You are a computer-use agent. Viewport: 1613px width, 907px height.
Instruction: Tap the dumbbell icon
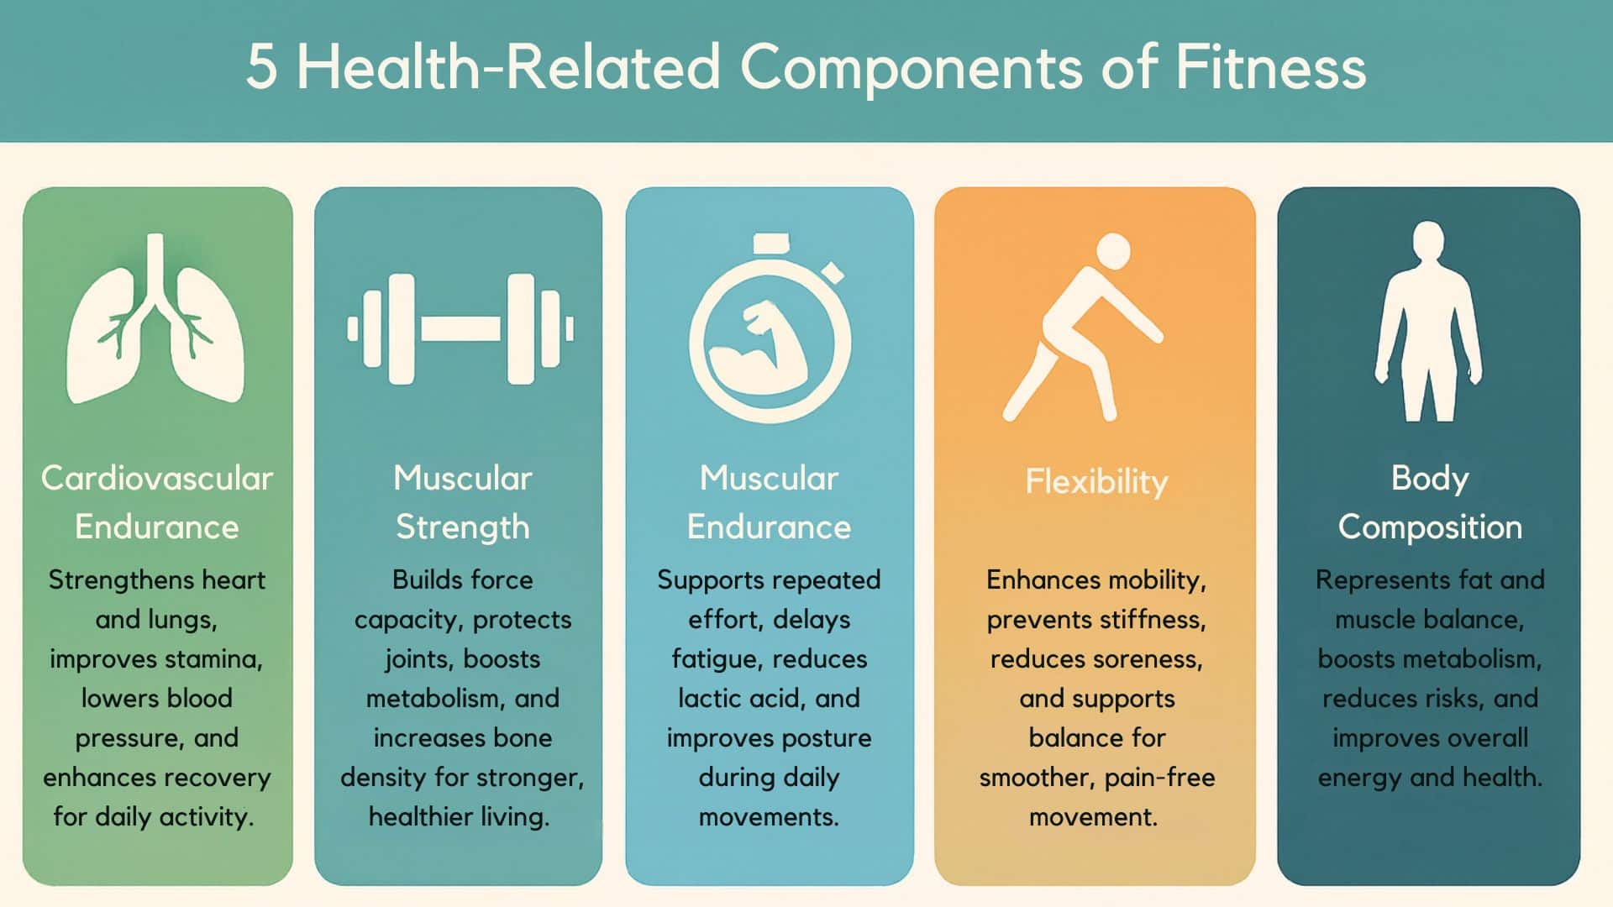click(x=461, y=329)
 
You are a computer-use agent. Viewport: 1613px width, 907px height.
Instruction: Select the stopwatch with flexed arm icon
click(x=770, y=336)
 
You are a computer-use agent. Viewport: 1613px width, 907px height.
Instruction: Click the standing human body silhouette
click(x=1428, y=323)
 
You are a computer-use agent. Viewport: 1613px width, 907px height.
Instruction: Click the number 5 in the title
click(x=261, y=67)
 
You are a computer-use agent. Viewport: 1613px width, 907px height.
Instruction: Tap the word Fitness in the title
click(x=1270, y=67)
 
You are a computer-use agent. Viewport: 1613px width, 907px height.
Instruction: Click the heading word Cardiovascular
click(x=157, y=479)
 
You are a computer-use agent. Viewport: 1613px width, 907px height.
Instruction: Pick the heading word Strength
click(x=462, y=527)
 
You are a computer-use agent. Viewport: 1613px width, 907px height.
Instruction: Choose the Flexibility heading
click(x=1096, y=482)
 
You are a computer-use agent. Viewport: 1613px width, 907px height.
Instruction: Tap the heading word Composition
click(x=1430, y=527)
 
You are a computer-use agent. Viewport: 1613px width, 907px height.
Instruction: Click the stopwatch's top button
click(x=771, y=244)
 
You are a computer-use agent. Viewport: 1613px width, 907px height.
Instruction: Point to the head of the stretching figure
click(x=1113, y=251)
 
